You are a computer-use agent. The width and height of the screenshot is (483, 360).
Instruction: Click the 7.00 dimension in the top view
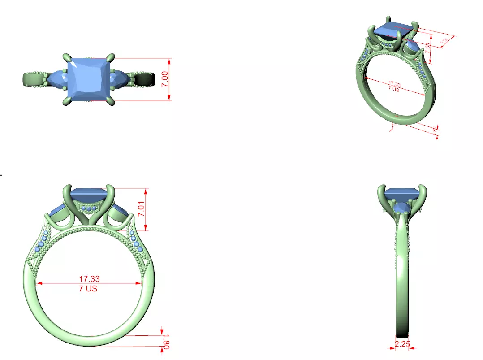(165, 79)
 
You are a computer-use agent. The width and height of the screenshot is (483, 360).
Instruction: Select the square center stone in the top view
(88, 80)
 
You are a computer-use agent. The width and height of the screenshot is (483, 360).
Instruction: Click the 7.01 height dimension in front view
(142, 208)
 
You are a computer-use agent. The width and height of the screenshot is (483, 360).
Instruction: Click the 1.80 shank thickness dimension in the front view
(165, 341)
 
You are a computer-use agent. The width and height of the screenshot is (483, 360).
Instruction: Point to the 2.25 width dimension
(402, 344)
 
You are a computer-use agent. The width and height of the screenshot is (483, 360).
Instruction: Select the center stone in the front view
(88, 195)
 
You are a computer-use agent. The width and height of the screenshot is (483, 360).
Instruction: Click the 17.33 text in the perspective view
(394, 83)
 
